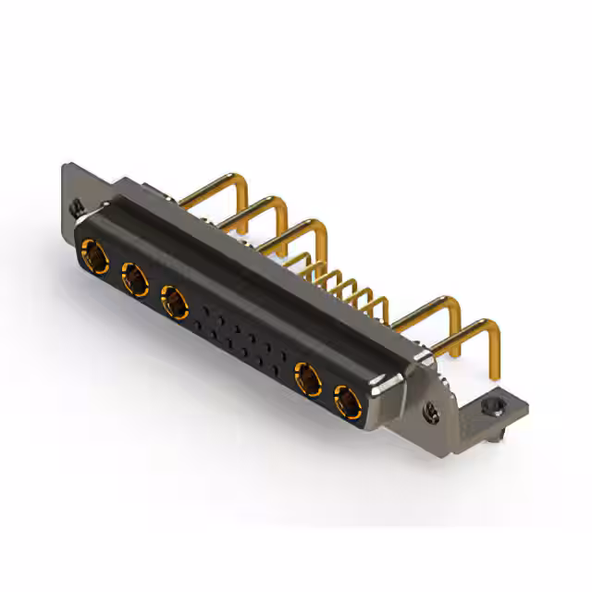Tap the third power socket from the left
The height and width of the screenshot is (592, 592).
[174, 301]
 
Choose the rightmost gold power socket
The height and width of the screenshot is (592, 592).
[347, 402]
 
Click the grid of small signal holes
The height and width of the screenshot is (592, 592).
[242, 340]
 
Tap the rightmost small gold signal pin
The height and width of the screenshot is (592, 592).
[379, 303]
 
